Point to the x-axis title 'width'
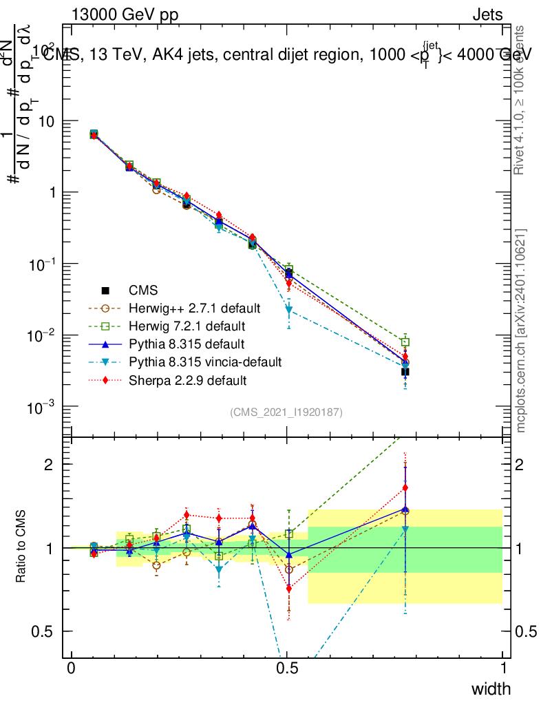click(x=490, y=688)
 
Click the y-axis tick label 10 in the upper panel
click(x=49, y=121)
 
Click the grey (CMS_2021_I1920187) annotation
click(x=286, y=412)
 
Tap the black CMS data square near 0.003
click(x=405, y=372)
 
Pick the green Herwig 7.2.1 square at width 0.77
click(x=405, y=342)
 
